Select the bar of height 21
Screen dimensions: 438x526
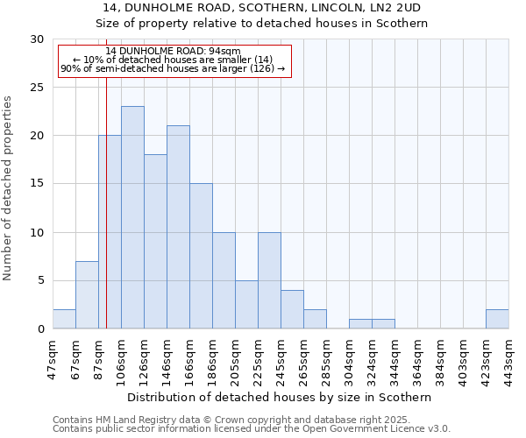[x=178, y=227]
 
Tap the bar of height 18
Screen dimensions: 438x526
[x=155, y=242]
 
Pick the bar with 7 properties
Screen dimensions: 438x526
[x=87, y=294]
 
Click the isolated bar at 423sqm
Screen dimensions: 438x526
[x=497, y=319]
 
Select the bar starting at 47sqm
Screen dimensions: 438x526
[x=64, y=319]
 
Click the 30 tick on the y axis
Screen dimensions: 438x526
[x=37, y=39]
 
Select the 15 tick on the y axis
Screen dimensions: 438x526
[x=37, y=184]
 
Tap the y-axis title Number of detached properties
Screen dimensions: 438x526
[x=9, y=188]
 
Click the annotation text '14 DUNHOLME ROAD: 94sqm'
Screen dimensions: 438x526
[x=173, y=52]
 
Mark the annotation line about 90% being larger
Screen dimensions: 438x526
[x=173, y=68]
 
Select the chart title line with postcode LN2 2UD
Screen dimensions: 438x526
[x=262, y=7]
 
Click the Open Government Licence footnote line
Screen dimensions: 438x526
[x=252, y=429]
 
